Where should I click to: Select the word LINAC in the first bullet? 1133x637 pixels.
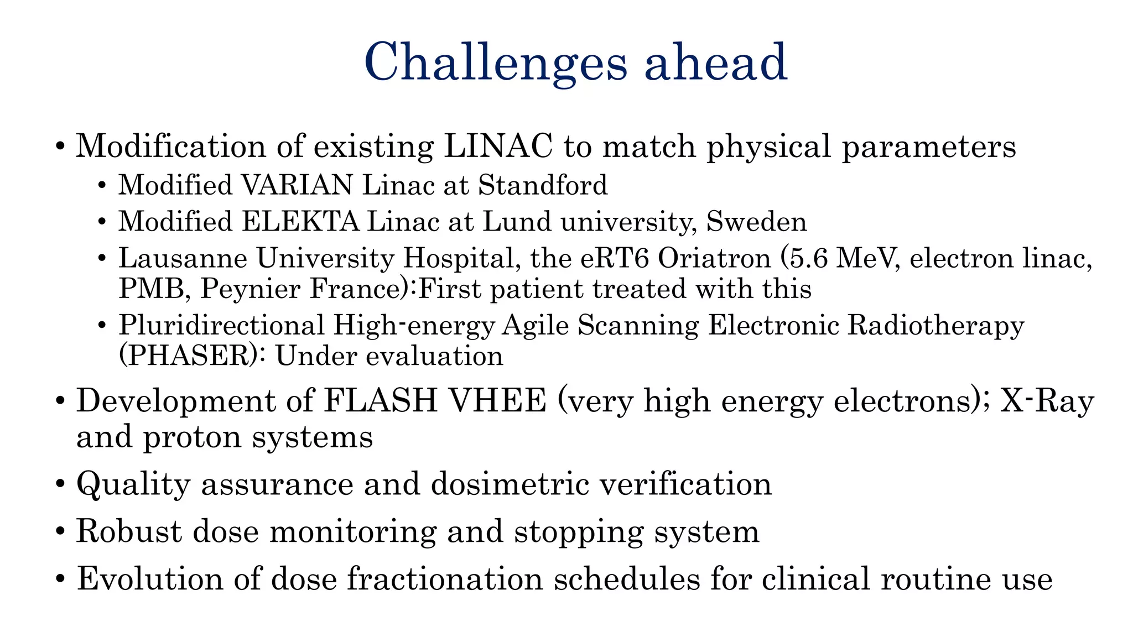[498, 147]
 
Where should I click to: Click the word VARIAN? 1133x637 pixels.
[297, 185]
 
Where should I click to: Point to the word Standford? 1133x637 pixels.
[543, 185]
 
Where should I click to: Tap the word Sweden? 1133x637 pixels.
[756, 222]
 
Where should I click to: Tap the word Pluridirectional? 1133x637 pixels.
[221, 325]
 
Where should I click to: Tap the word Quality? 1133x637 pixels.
[133, 484]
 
